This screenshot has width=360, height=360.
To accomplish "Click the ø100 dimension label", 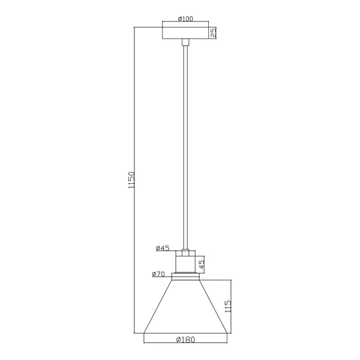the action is coord(185,19).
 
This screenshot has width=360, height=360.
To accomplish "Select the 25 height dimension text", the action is coord(213,32).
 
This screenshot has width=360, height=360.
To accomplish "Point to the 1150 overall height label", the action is coord(131,180).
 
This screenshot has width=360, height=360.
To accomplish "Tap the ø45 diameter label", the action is coord(163,248).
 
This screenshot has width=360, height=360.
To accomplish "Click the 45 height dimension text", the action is coord(202,264).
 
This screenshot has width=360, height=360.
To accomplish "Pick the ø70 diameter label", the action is coord(158,274).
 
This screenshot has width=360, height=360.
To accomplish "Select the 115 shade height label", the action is coord(228,306).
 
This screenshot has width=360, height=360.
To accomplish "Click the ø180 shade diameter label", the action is coord(185,340).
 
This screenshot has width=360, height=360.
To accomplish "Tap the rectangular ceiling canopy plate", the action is coord(185,33).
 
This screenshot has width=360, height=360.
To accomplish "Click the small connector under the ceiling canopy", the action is coord(185,42).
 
